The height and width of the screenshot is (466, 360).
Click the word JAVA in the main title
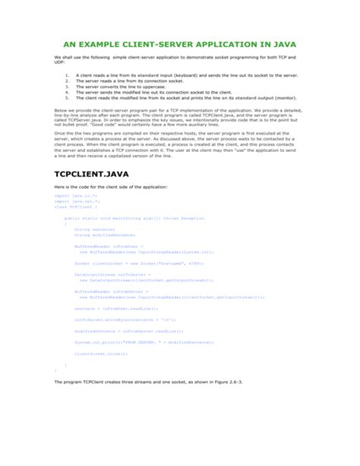284,43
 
